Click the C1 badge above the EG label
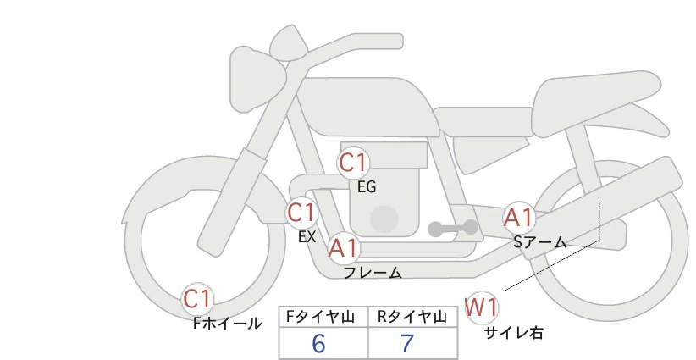(x=353, y=163)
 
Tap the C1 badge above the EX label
(x=301, y=213)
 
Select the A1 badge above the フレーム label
(x=344, y=248)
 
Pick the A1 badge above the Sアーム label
(x=518, y=218)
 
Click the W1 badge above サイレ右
(x=482, y=306)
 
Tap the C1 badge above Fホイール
(x=198, y=299)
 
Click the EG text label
(x=367, y=187)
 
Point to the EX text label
(x=307, y=237)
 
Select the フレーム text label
(x=373, y=273)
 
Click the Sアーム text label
(x=540, y=242)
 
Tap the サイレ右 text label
(x=513, y=333)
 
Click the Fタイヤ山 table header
(x=323, y=317)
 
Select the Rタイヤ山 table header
(x=413, y=317)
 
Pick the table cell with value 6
(x=323, y=344)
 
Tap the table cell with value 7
(x=413, y=344)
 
